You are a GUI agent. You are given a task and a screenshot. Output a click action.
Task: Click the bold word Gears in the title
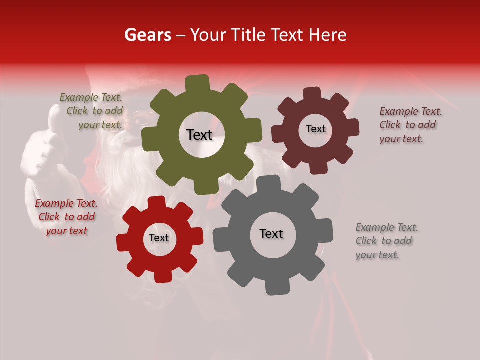pyautogui.click(x=147, y=35)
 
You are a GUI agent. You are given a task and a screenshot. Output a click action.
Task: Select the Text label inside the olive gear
pyautogui.click(x=199, y=135)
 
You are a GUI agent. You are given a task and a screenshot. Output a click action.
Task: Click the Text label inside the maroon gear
pyautogui.click(x=315, y=129)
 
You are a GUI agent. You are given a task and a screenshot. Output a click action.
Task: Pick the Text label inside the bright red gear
pyautogui.click(x=159, y=238)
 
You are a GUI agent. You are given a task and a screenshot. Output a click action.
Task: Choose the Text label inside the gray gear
pyautogui.click(x=271, y=234)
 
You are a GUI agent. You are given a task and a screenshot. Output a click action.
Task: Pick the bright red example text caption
pyautogui.click(x=66, y=217)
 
